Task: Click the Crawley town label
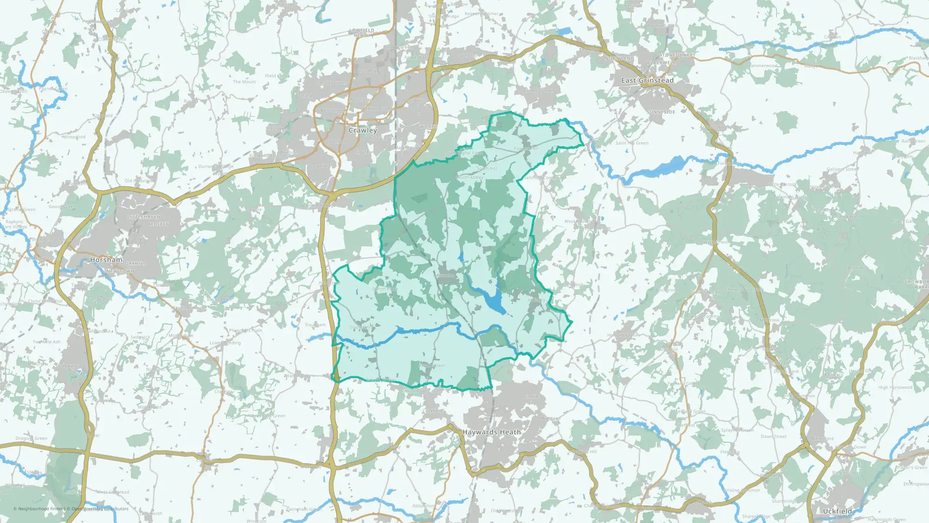(362, 131)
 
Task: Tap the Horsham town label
(106, 260)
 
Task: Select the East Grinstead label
(647, 80)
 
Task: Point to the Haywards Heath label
(491, 432)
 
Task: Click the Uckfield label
(837, 511)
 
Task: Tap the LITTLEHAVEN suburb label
(144, 217)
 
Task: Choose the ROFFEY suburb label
(159, 224)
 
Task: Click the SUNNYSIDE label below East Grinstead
(661, 113)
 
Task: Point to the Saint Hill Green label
(632, 143)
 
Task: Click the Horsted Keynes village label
(623, 335)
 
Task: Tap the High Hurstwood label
(895, 387)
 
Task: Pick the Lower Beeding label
(225, 343)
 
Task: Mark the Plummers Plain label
(245, 331)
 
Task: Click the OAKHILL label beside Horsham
(136, 264)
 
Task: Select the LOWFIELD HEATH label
(362, 33)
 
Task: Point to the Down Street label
(773, 437)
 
